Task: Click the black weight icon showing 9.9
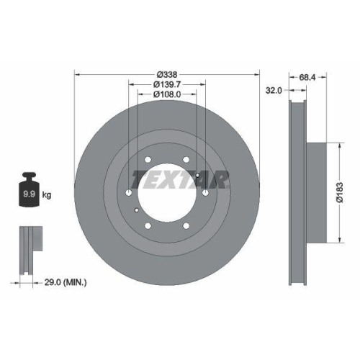[30, 189]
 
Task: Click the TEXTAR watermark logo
[179, 178]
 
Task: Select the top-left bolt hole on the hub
[147, 161]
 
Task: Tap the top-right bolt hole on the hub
[186, 161]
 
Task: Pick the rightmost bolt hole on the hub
[205, 194]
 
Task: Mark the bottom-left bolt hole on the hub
[148, 227]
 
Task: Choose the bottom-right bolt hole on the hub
[186, 227]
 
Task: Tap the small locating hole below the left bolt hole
[137, 210]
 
